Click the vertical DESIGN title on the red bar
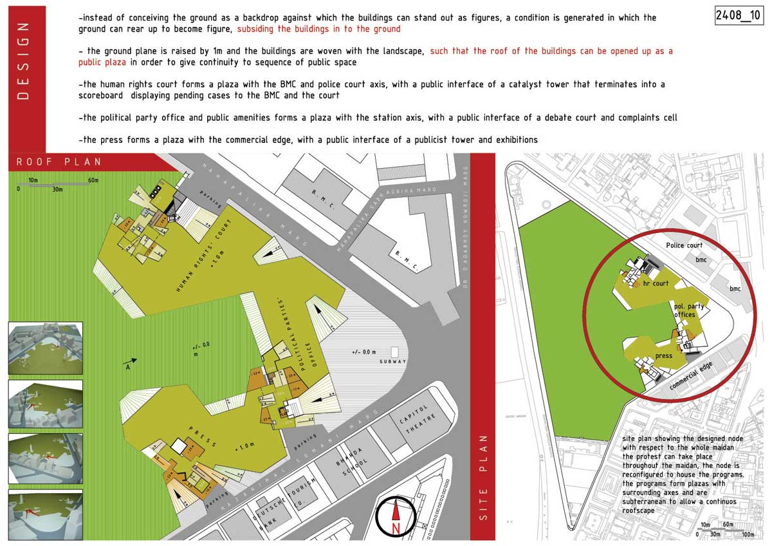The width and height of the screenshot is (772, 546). click(24, 61)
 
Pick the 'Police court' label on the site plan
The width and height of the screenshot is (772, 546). click(684, 245)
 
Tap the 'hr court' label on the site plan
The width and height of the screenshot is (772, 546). click(656, 283)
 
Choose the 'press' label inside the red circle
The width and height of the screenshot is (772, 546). click(663, 355)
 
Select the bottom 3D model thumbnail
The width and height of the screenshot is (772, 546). click(45, 515)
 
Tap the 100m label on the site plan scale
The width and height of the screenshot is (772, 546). click(747, 534)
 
